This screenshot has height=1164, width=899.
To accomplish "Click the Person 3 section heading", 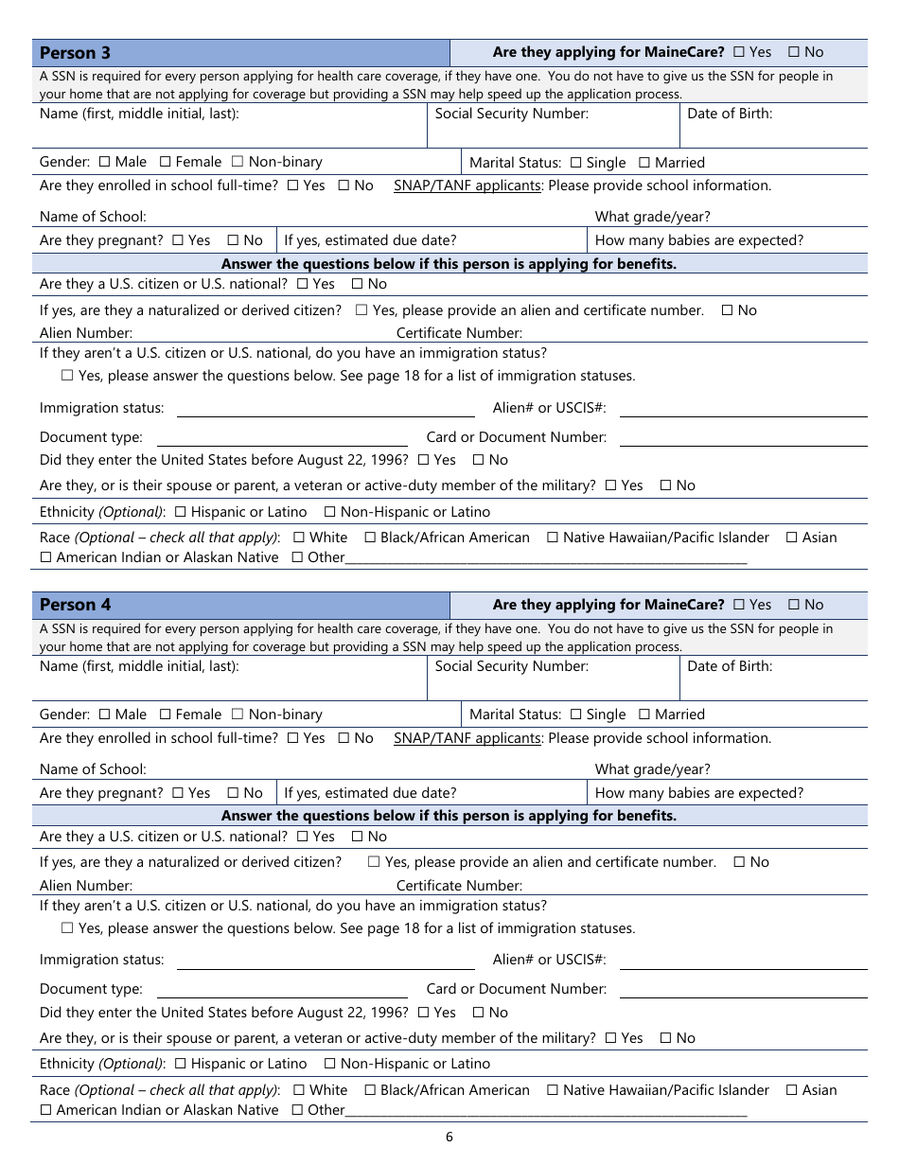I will pyautogui.click(x=75, y=53).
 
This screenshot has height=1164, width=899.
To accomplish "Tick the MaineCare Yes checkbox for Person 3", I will pyautogui.click(x=739, y=53).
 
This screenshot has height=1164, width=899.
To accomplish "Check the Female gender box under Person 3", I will pyautogui.click(x=166, y=162).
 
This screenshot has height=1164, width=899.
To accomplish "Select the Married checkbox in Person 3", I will pyautogui.click(x=644, y=163).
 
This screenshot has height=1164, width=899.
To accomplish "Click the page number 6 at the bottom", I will pyautogui.click(x=449, y=1137).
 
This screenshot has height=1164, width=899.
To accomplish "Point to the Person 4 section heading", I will pyautogui.click(x=75, y=605).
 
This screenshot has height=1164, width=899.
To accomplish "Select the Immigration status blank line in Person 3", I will pyautogui.click(x=326, y=410).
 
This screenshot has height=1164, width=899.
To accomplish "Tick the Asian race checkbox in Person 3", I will pyautogui.click(x=791, y=538).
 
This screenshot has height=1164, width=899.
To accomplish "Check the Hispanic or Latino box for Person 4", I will pyautogui.click(x=181, y=1064).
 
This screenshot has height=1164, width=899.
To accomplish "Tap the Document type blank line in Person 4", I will pyautogui.click(x=282, y=990).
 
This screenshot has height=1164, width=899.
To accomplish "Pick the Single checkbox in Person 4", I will pyautogui.click(x=575, y=714).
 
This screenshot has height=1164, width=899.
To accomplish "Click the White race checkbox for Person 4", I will pyautogui.click(x=299, y=1090).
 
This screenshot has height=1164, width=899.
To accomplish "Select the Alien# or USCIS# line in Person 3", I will pyautogui.click(x=743, y=410).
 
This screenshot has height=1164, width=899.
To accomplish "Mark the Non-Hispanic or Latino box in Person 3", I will pyautogui.click(x=330, y=512).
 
